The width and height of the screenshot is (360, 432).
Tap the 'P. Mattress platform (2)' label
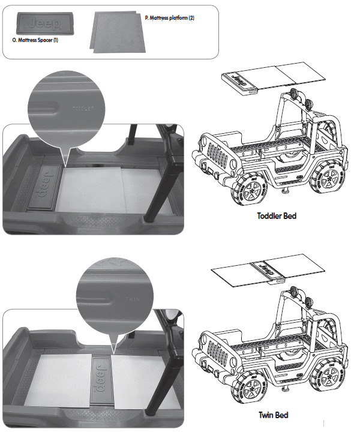[x=170, y=19]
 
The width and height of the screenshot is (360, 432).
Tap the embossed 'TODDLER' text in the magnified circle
[x=83, y=109]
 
